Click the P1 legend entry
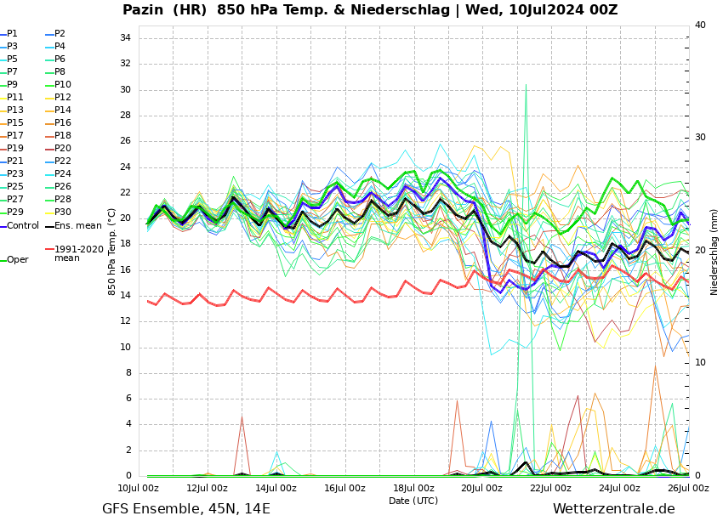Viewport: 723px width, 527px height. point(12,34)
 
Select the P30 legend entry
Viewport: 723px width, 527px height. point(63,212)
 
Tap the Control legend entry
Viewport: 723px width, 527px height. point(22,226)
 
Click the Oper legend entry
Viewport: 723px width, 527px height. point(17,260)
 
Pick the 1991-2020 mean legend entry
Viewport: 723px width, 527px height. point(78,253)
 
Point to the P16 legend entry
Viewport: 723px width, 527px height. point(63,123)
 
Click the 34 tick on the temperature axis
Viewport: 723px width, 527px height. point(124,38)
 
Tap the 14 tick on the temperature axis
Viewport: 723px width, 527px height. point(124,296)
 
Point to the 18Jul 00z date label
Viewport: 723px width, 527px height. point(413,488)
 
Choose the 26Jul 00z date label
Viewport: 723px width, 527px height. point(688,488)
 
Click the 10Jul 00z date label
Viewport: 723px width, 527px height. point(138,488)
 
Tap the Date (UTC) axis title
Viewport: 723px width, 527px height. point(413,501)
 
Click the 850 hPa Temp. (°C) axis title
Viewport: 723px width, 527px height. point(112,252)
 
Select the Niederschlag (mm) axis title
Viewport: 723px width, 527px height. point(714,252)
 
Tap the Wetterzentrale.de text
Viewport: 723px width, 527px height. point(613,509)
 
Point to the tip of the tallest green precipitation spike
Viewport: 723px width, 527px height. point(526,84)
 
